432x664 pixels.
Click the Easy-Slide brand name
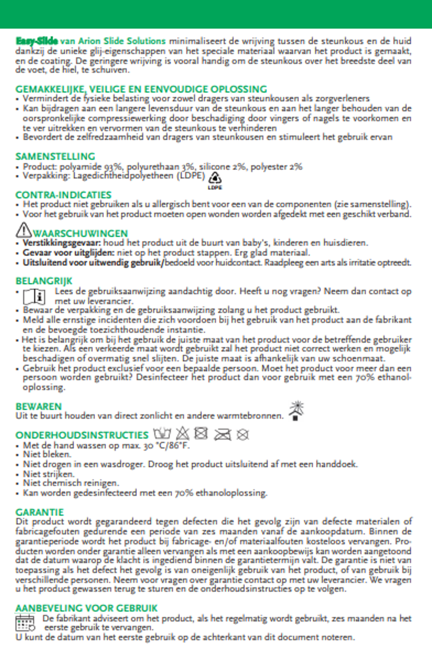pos(37,41)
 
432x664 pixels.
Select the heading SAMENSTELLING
pos(55,156)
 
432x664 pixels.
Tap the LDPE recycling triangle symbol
pos(215,178)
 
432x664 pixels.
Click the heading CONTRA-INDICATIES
pos(64,195)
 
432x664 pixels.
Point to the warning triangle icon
pos(23,230)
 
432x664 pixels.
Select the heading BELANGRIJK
pos(44,281)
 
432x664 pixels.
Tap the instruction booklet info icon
pos(34,297)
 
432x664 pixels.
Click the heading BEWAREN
pos(39,406)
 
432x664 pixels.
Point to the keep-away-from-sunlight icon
pos(296,411)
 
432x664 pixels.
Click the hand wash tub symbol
pos(162,433)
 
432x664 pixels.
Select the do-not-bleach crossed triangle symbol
pos(182,433)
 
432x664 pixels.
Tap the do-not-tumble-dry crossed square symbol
pos(201,433)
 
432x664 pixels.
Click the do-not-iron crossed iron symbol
pos(222,434)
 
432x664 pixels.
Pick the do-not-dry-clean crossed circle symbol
pos(243,434)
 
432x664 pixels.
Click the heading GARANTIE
pos(40,512)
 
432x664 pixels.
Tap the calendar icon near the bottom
pos(25,623)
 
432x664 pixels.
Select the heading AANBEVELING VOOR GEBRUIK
pos(86,608)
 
